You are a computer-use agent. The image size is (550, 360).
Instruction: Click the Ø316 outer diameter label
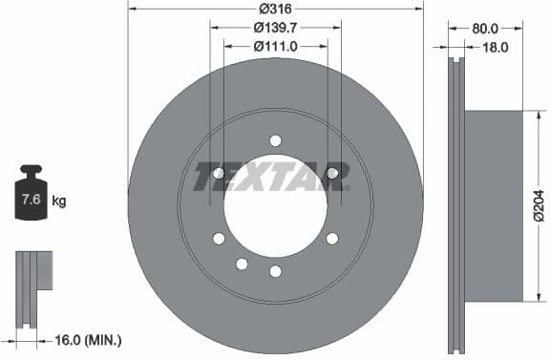tap(275, 9)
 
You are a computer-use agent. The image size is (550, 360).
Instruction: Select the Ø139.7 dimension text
tap(275, 27)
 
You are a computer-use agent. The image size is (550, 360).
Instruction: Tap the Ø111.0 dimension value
tap(275, 45)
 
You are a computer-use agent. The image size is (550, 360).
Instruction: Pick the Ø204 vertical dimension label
tap(539, 206)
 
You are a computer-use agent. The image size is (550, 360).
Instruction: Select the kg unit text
tap(59, 201)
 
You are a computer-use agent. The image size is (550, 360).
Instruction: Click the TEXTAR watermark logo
tap(272, 177)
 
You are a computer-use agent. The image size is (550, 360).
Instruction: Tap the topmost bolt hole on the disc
tap(275, 140)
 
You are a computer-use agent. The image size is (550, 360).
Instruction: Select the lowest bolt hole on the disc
tap(275, 271)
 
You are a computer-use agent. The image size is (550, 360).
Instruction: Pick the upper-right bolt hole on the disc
tap(332, 173)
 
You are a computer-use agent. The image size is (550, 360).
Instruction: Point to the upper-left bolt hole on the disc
tap(219, 173)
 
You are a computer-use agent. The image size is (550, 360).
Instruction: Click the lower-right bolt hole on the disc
tap(332, 239)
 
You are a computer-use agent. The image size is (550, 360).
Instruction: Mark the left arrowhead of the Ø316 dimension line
tap(132, 9)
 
